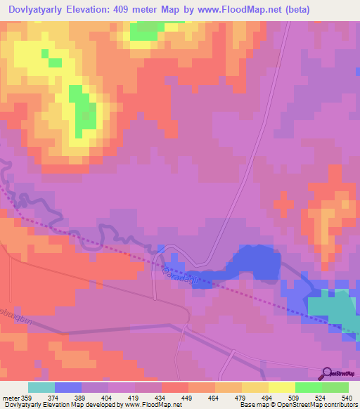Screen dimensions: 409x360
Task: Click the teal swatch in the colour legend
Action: pyautogui.click(x=41, y=387)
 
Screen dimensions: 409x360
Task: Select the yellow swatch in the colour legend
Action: pyautogui.click(x=281, y=387)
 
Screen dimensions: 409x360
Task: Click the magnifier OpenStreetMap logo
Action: pyautogui.click(x=326, y=372)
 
